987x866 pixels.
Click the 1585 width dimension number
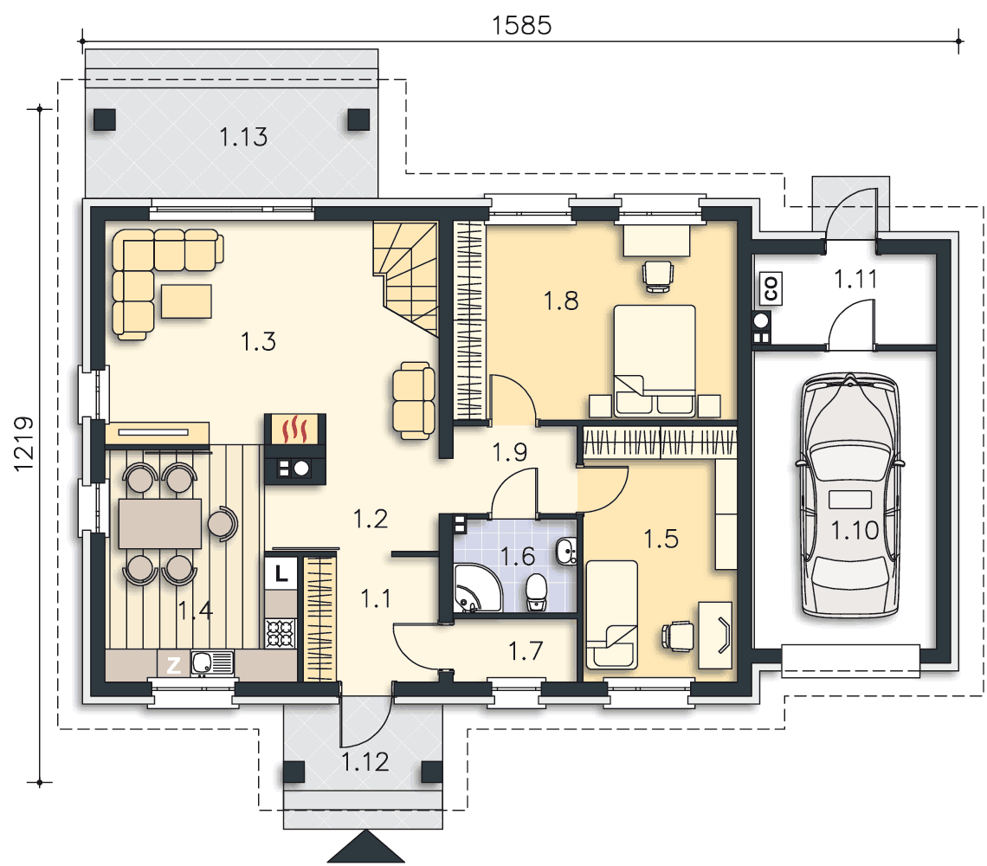[521, 25]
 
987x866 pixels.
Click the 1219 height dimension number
[24, 444]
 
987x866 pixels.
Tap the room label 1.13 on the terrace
[243, 137]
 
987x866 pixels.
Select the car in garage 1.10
[850, 495]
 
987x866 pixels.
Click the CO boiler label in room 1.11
[771, 288]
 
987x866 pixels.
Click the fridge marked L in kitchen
[281, 572]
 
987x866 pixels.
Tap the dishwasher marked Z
[173, 664]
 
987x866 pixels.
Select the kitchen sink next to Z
[212, 663]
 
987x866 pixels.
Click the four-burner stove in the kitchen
[281, 634]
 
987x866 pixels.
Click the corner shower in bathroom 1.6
[477, 588]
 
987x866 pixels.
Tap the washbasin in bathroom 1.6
[566, 552]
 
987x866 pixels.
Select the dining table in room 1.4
[160, 523]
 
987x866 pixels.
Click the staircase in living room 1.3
[405, 277]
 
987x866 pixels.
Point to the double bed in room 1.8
[655, 360]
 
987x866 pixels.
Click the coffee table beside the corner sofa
[186, 301]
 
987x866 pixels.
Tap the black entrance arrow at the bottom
[365, 846]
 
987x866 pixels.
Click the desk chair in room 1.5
[678, 636]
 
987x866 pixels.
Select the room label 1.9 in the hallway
[509, 451]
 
